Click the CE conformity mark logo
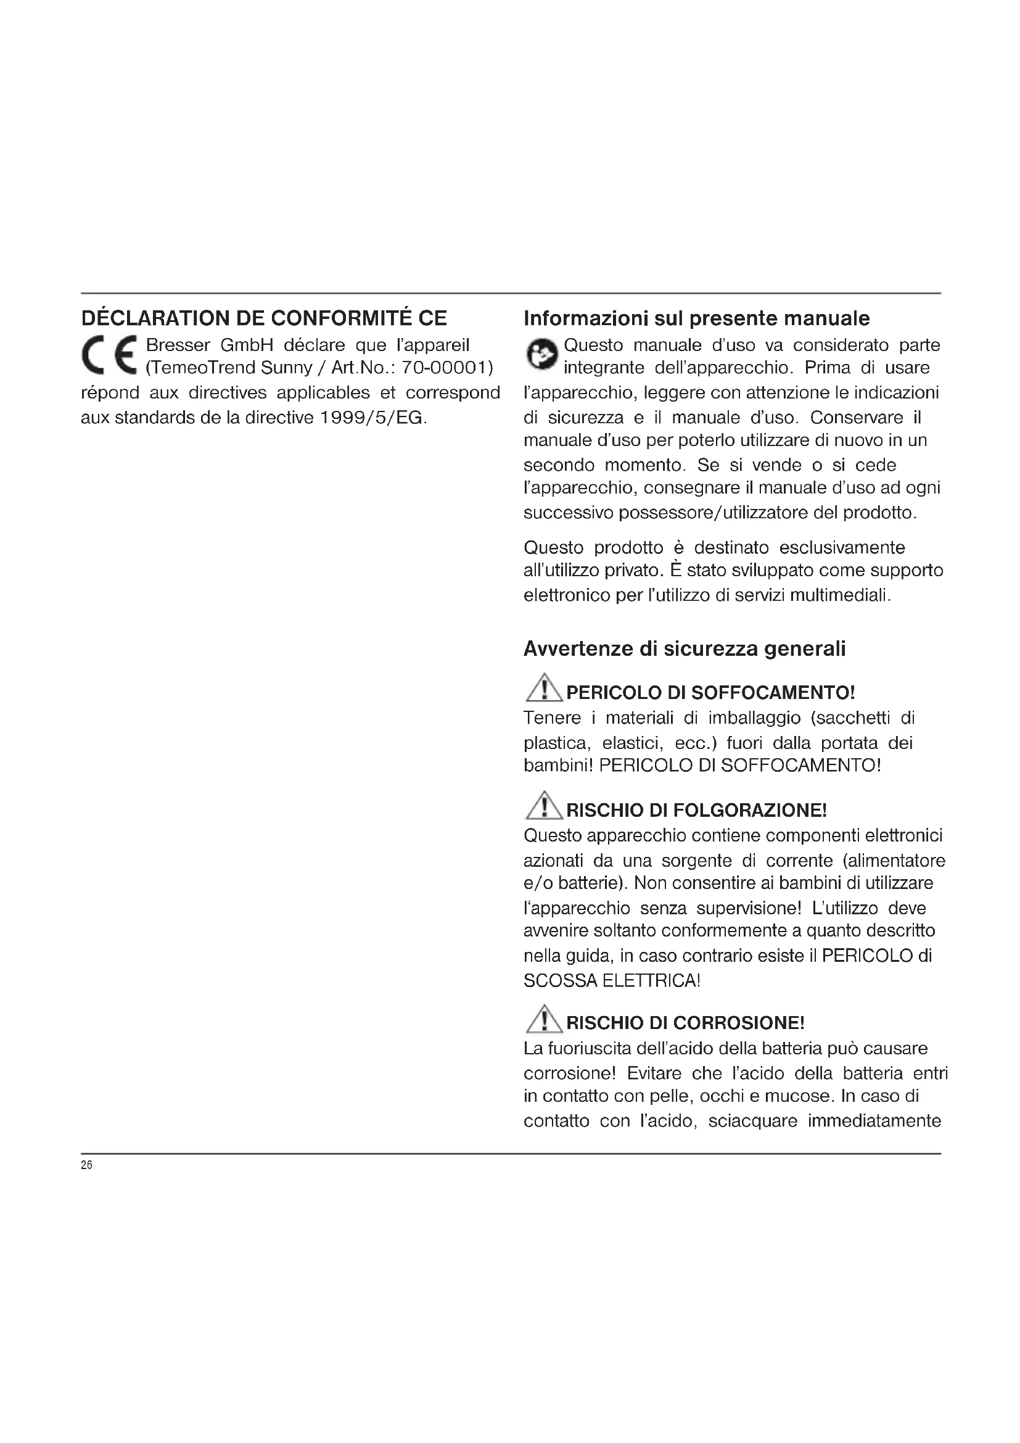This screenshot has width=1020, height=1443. point(109,355)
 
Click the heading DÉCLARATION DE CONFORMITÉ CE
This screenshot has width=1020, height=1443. point(264,318)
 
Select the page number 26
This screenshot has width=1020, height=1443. point(87,1165)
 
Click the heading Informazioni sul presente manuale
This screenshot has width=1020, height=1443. point(696,318)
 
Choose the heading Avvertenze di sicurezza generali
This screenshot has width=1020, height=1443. point(685,648)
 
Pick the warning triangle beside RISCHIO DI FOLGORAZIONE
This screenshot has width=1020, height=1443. point(544,806)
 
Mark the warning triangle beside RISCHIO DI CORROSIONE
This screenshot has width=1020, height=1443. point(544,1019)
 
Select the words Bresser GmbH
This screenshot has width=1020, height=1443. point(210,345)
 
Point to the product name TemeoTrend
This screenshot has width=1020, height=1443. point(200,368)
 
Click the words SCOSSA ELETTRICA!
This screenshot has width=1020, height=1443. point(612,980)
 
